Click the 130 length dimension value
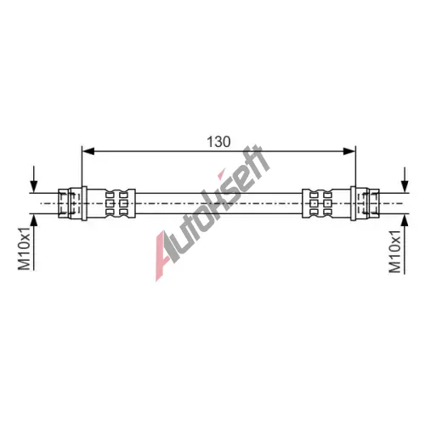coord(218,142)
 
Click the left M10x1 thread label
coord(24,248)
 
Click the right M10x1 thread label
coord(395,252)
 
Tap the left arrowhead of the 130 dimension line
coord(88,151)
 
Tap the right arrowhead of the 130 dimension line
coord(349,151)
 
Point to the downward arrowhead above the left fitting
coord(34,187)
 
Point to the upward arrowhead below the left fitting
coord(34,220)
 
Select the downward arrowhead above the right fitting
coord(405,187)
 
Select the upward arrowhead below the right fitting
coord(405,220)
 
